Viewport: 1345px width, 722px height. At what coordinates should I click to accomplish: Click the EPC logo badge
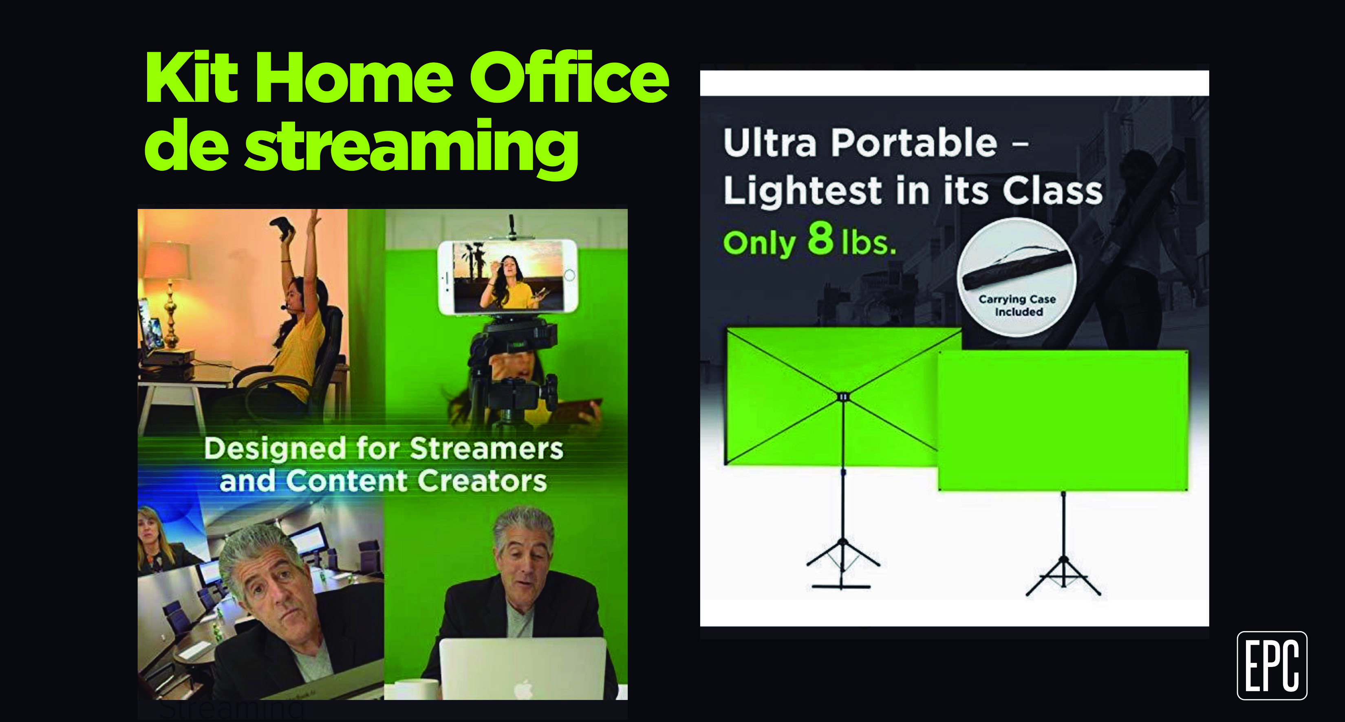click(x=1272, y=665)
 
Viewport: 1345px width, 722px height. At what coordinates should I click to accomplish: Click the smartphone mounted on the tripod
click(x=507, y=277)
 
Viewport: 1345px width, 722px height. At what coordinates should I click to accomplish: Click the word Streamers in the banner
click(x=486, y=449)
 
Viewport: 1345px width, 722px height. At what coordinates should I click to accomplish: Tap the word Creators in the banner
click(x=482, y=480)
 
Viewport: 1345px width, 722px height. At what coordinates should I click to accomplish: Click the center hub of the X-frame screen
click(x=843, y=397)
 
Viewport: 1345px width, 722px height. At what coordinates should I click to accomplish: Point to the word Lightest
click(x=803, y=191)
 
